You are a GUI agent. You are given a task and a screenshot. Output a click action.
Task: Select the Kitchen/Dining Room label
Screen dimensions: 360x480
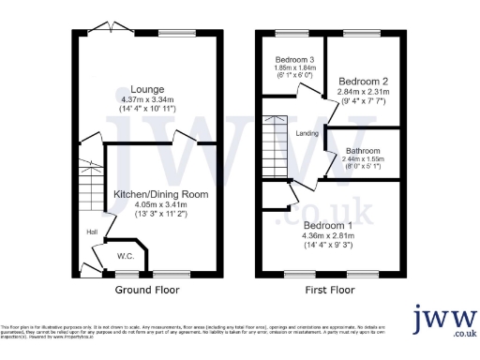pos(161,193)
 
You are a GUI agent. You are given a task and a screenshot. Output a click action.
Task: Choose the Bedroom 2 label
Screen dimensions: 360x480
pos(364,81)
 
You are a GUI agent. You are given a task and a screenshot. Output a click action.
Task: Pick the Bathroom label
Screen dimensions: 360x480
pos(362,151)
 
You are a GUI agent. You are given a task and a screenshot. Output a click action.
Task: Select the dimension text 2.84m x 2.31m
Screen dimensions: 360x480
pos(364,92)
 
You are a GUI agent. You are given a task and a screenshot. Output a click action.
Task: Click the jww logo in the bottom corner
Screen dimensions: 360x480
pos(446,321)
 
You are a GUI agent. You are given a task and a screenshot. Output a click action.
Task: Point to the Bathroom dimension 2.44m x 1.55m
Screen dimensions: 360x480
pos(362,160)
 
